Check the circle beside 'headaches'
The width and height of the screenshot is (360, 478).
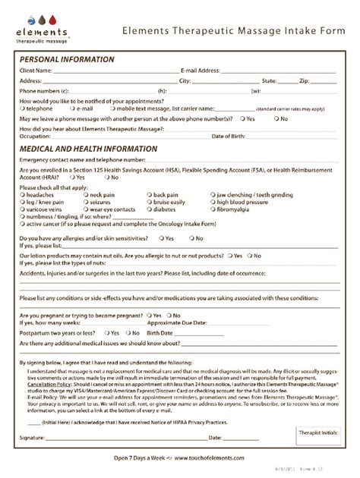(23, 195)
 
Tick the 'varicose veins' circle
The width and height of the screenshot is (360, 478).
(23, 209)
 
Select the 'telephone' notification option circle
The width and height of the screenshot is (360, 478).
(23, 109)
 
